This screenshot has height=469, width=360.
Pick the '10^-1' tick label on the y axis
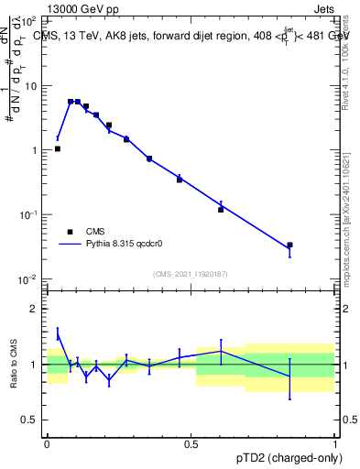coord(29,213)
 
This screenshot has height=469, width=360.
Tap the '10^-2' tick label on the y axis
coord(29,278)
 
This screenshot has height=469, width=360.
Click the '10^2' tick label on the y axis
coord(29,21)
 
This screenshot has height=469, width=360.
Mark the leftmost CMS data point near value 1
coord(58,148)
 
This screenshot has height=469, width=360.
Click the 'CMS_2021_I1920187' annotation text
coord(190,274)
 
